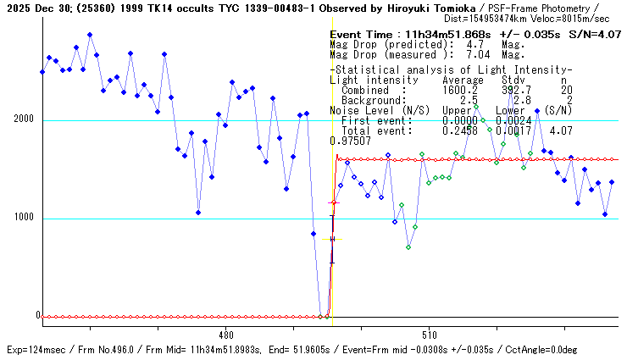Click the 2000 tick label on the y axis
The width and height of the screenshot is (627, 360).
(x=22, y=119)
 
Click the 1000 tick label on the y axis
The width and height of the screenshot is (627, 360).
(x=22, y=218)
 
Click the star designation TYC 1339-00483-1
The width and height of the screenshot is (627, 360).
(x=241, y=8)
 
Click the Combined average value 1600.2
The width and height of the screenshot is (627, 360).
(x=460, y=90)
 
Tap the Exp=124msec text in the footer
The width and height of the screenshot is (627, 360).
(x=35, y=350)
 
